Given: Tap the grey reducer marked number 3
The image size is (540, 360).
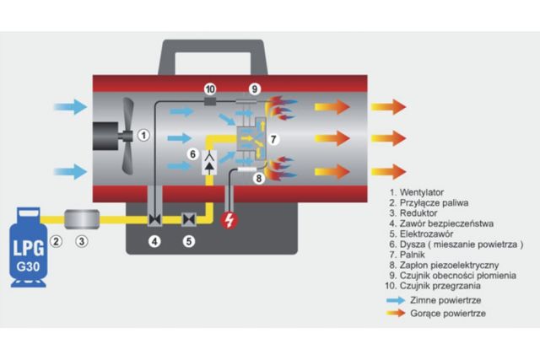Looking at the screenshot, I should coord(82,218).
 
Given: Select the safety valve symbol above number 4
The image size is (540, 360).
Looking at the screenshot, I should coord(154,220).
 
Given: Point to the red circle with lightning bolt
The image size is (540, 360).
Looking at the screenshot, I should coord(229,221).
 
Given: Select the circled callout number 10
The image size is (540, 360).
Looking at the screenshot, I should coord(210,89).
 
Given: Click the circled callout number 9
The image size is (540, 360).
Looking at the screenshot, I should coord(253,89).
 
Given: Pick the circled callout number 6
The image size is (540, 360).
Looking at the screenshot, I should coord(192,154).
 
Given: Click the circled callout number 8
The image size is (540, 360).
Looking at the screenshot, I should coord(259,179).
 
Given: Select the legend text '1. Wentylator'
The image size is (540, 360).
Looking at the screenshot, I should coord(423,193).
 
